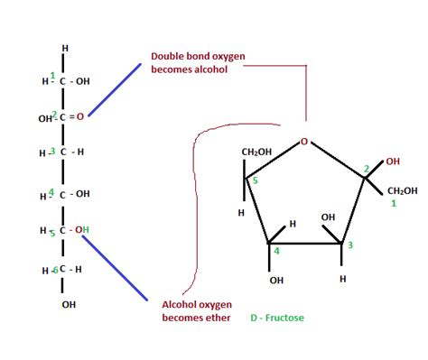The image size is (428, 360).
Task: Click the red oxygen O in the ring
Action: tap(305, 142)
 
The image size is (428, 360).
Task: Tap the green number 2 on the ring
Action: tap(366, 169)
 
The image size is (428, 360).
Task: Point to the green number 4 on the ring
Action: tap(277, 251)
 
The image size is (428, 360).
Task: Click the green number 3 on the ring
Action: tap(349, 246)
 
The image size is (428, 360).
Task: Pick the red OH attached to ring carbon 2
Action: tap(392, 162)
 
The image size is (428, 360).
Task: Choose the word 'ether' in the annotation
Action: tap(218, 318)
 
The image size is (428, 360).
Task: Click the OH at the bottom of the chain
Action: tap(69, 304)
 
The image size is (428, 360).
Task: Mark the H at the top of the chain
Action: tap(64, 48)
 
